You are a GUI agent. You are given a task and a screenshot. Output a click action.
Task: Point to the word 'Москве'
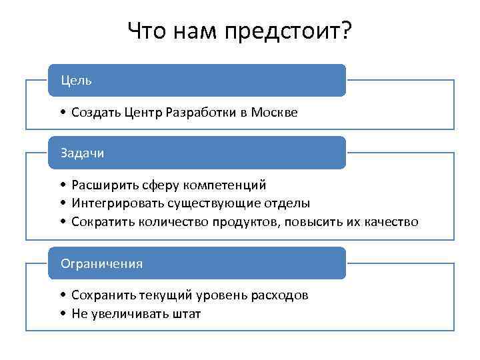click(274, 113)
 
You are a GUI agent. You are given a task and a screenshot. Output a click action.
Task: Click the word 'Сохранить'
click(103, 295)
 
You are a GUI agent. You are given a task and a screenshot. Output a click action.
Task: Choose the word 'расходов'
click(280, 295)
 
